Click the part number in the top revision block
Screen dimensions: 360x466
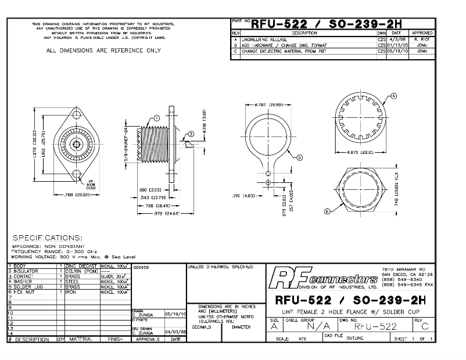pyautogui.click(x=329, y=24)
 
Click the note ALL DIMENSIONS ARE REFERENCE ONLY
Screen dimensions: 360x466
pyautogui.click(x=103, y=51)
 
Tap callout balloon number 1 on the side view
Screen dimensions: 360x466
pyautogui.click(x=156, y=117)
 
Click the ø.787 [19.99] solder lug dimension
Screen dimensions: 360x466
pyautogui.click(x=268, y=105)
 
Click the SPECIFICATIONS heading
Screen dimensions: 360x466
pyautogui.click(x=48, y=238)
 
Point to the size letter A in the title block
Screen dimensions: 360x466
pyautogui.click(x=274, y=326)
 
